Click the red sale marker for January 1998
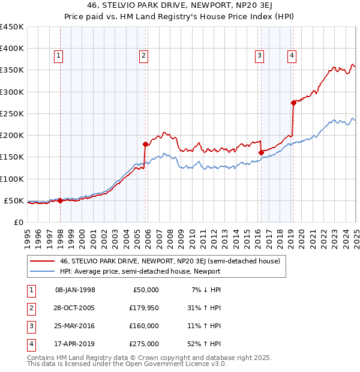point(61,200)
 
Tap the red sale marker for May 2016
point(261,152)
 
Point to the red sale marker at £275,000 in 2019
point(293,103)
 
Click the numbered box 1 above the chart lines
point(59,56)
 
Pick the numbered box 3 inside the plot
point(260,56)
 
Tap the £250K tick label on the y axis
point(11,113)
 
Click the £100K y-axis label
point(11,179)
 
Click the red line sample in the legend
point(42,261)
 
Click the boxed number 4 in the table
point(30,344)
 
